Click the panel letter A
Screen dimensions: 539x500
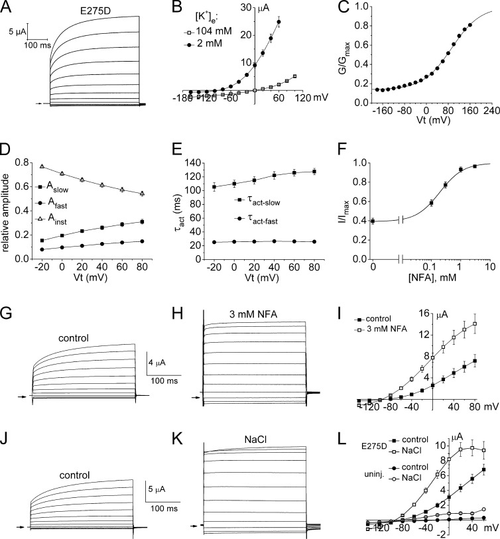coord(8,7)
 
